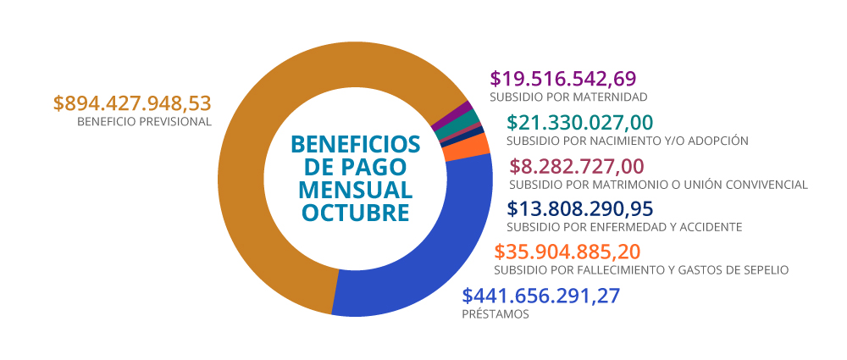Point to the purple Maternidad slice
pyautogui.click(x=462, y=109)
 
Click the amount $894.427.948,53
pyautogui.click(x=131, y=103)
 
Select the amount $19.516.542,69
pyautogui.click(x=562, y=79)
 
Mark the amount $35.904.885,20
pyautogui.click(x=567, y=252)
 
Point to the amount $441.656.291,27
pyautogui.click(x=541, y=296)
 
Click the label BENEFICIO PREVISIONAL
pyautogui.click(x=143, y=122)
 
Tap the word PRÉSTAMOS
pyautogui.click(x=495, y=314)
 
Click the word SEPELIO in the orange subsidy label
pyautogui.click(x=765, y=270)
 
